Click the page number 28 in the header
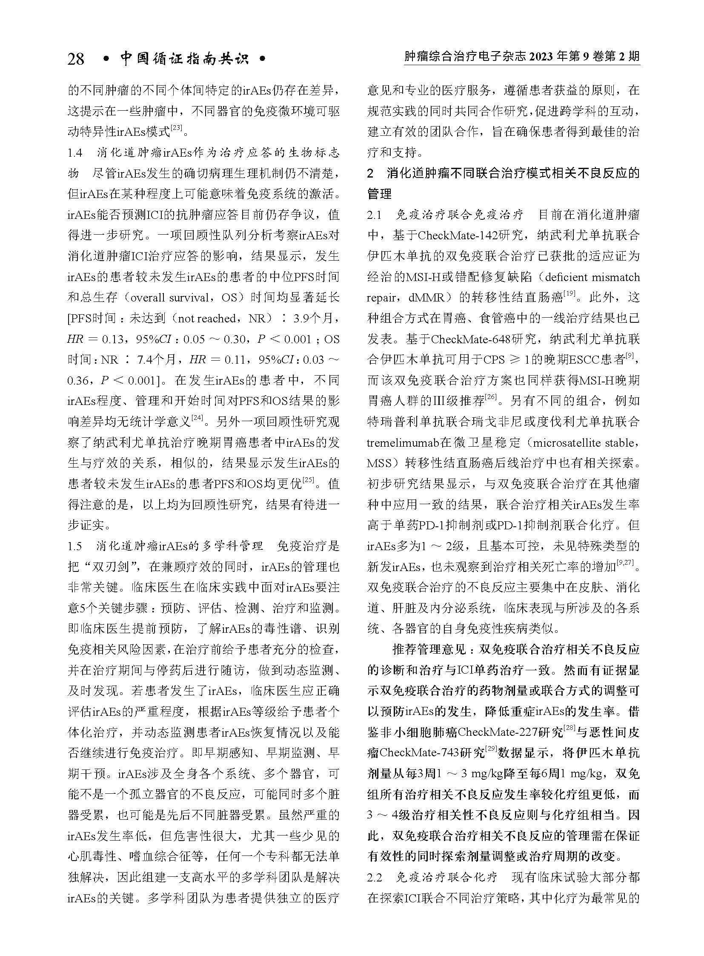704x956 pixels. pyautogui.click(x=76, y=59)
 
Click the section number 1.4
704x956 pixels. pyautogui.click(x=74, y=152)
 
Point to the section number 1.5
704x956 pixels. pyautogui.click(x=74, y=546)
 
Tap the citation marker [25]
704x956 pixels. pyautogui.click(x=307, y=481)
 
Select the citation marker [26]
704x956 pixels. pyautogui.click(x=491, y=398)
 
